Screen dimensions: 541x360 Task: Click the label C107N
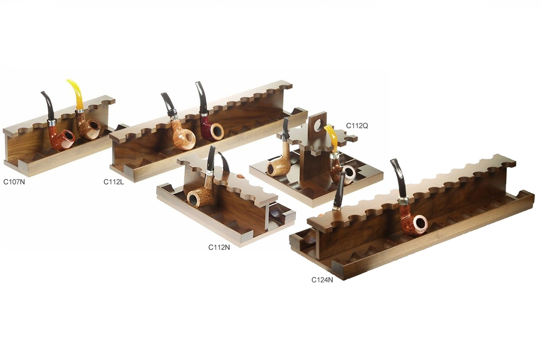tap(14, 181)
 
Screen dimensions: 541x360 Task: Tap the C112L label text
tap(114, 181)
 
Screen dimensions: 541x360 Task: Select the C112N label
tap(219, 247)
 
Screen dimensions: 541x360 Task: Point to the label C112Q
tap(357, 125)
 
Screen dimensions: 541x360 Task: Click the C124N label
tap(322, 280)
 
